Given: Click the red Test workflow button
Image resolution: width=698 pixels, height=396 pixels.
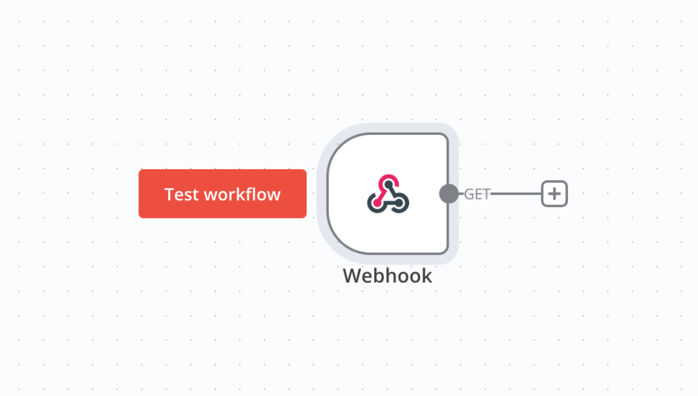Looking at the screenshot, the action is coord(222,194).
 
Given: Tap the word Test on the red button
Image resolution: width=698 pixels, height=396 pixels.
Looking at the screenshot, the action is coord(181,194).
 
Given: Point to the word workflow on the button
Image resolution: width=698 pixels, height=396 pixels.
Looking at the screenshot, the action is coord(242,194).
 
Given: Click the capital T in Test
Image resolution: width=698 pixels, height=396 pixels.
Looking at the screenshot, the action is coord(169,194).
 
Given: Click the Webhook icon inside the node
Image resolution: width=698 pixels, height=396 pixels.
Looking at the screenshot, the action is coord(388,194).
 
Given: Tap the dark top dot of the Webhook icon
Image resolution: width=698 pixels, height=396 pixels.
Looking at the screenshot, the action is coord(388,184).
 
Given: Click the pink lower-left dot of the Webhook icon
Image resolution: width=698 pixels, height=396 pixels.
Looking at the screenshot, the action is coord(377,203).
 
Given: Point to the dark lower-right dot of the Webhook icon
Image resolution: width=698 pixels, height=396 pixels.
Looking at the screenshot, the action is coord(399,203).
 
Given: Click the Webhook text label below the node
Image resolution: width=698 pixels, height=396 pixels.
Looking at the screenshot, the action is coord(387,276).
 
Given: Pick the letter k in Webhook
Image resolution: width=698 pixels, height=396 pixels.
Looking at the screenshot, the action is coord(427,276).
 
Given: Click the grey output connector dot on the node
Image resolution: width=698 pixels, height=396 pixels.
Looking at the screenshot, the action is coord(449,194).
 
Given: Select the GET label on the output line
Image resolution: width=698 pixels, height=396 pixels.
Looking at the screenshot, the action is coord(477,194).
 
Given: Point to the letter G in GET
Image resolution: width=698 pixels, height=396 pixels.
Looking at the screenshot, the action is coord(469,194).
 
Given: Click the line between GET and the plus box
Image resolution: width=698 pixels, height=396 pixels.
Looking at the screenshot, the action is coord(516,194).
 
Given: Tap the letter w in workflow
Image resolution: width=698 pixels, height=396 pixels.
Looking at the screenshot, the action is coord(210,196).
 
